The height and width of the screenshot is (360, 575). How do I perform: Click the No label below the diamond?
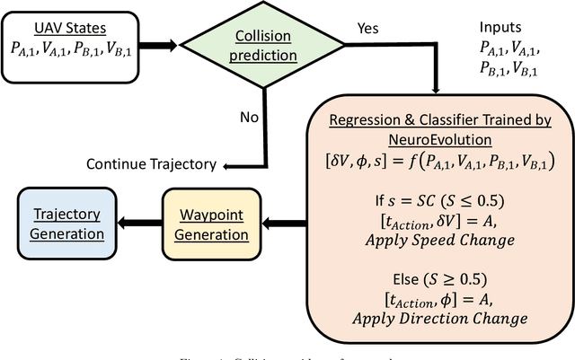[x=249, y=117]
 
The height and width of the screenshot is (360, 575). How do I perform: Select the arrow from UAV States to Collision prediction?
[x=162, y=40]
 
